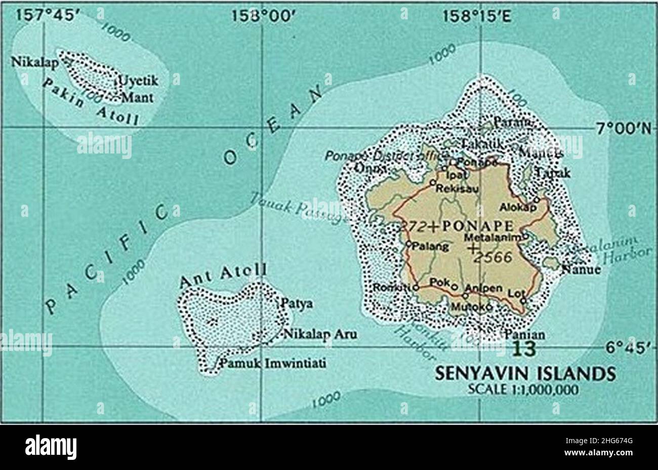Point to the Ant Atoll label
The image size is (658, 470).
[x=223, y=276]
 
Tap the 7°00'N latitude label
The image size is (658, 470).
[x=626, y=128]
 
